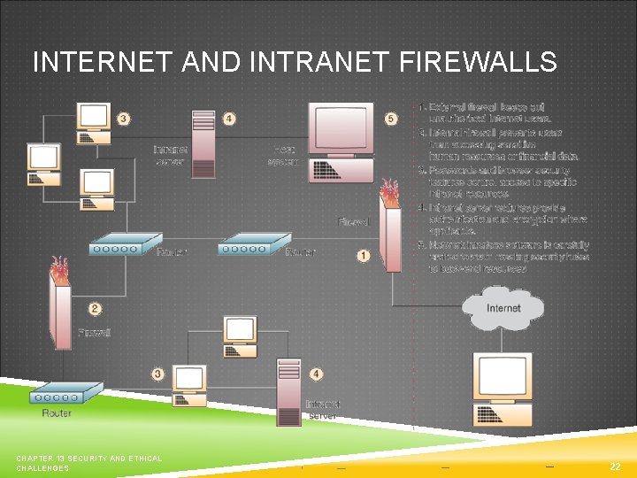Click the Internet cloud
(x=503, y=309)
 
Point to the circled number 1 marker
(x=363, y=256)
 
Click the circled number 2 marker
(x=95, y=309)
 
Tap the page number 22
(x=615, y=466)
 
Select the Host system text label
(x=284, y=155)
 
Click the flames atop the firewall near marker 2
(x=59, y=267)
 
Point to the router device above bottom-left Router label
(x=67, y=391)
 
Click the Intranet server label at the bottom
(x=323, y=410)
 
